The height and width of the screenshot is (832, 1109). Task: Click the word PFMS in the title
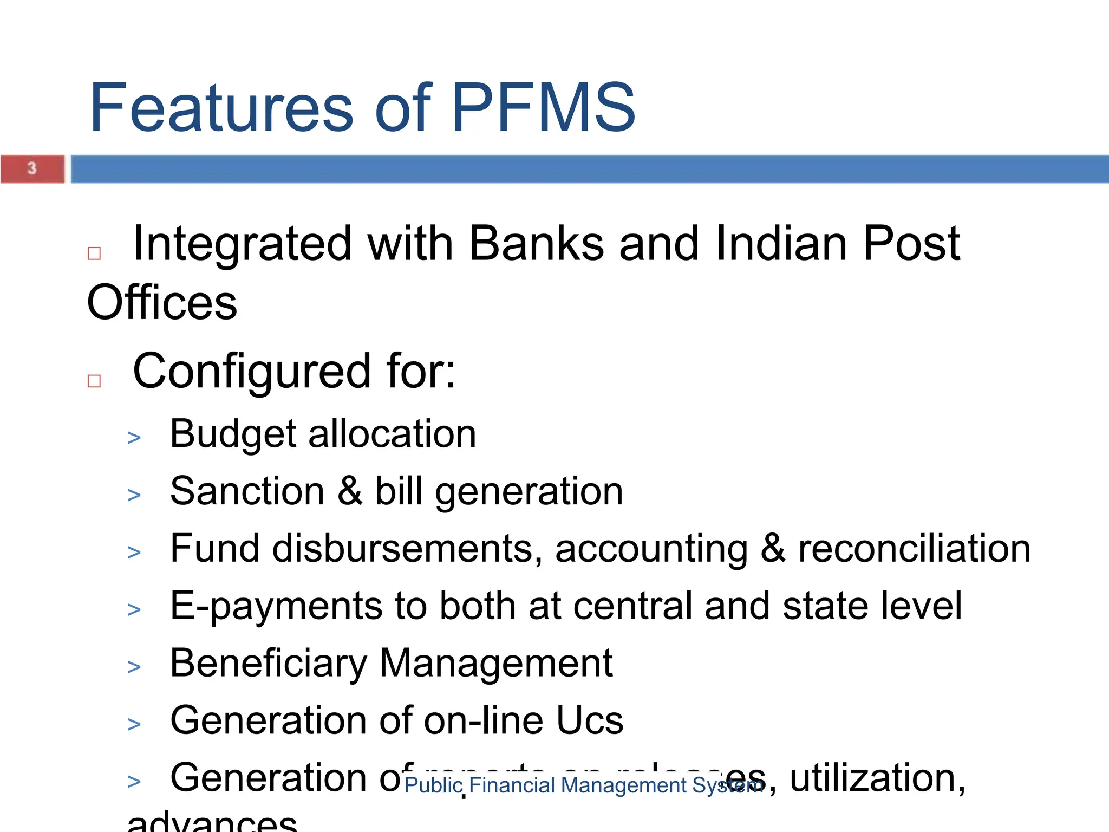click(543, 107)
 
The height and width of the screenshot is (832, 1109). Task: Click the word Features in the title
click(221, 107)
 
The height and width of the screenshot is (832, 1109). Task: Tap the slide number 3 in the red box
click(32, 168)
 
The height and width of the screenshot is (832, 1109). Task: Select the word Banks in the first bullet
click(536, 244)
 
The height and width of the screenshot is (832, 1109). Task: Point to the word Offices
click(162, 302)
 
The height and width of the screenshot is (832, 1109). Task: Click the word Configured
click(252, 372)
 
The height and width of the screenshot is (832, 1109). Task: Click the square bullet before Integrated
click(94, 253)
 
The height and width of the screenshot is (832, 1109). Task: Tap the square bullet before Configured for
click(94, 381)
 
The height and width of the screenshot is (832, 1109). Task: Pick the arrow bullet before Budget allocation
click(134, 438)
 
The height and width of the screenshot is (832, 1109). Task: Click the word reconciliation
click(914, 549)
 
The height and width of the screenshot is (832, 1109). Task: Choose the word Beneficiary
click(269, 664)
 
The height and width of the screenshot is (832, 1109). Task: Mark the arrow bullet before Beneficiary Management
click(134, 667)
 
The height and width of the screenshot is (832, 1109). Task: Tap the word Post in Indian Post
click(911, 244)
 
